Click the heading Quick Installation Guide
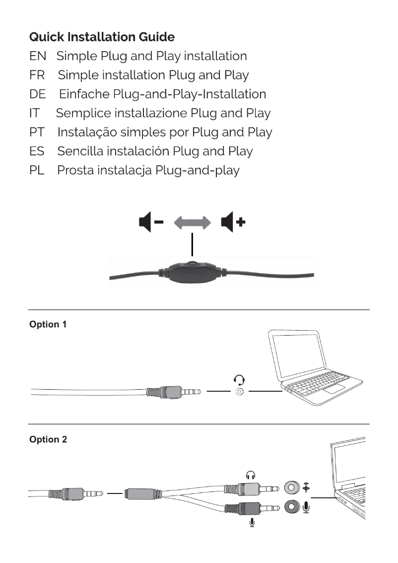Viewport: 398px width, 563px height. (102, 37)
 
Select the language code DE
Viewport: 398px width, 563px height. (37, 94)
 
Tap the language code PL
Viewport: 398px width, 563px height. (37, 171)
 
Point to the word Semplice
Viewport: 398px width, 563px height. (83, 113)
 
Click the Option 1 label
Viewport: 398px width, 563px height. (48, 325)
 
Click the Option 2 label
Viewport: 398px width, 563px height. (48, 440)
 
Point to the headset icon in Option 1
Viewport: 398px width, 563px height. (240, 380)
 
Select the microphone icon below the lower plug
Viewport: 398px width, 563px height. (252, 522)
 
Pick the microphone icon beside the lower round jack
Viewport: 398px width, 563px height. (307, 507)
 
